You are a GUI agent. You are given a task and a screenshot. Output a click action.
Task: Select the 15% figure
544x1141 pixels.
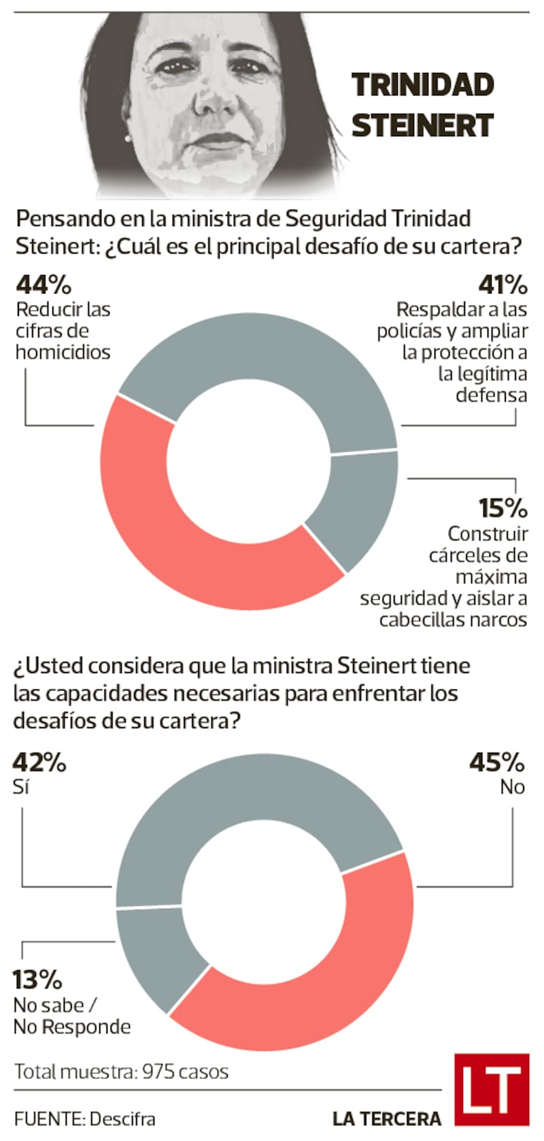(x=503, y=508)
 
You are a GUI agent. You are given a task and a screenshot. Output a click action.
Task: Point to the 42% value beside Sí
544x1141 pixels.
(x=39, y=762)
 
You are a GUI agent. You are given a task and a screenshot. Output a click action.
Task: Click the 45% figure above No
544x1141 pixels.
(x=497, y=762)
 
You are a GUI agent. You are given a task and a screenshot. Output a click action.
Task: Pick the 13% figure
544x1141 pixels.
(x=37, y=980)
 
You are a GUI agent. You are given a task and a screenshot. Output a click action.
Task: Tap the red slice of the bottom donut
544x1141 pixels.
(x=326, y=980)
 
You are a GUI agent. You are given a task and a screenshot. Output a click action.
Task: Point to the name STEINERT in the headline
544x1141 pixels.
(x=422, y=125)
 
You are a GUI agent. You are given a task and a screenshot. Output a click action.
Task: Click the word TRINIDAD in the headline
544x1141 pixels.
(x=422, y=85)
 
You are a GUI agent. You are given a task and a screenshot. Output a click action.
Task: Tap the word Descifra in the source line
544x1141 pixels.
(x=122, y=1119)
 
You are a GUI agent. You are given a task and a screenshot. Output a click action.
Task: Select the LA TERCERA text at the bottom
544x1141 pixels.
(x=386, y=1119)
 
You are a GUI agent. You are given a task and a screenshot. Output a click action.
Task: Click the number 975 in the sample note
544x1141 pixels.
(x=160, y=1072)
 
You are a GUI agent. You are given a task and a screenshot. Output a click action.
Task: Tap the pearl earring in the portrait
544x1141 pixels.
(x=126, y=138)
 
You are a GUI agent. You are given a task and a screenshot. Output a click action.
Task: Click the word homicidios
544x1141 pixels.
(x=63, y=352)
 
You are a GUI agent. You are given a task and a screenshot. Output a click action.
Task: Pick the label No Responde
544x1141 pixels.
(x=72, y=1027)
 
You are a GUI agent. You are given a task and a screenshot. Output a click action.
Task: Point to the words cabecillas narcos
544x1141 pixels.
(x=453, y=620)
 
